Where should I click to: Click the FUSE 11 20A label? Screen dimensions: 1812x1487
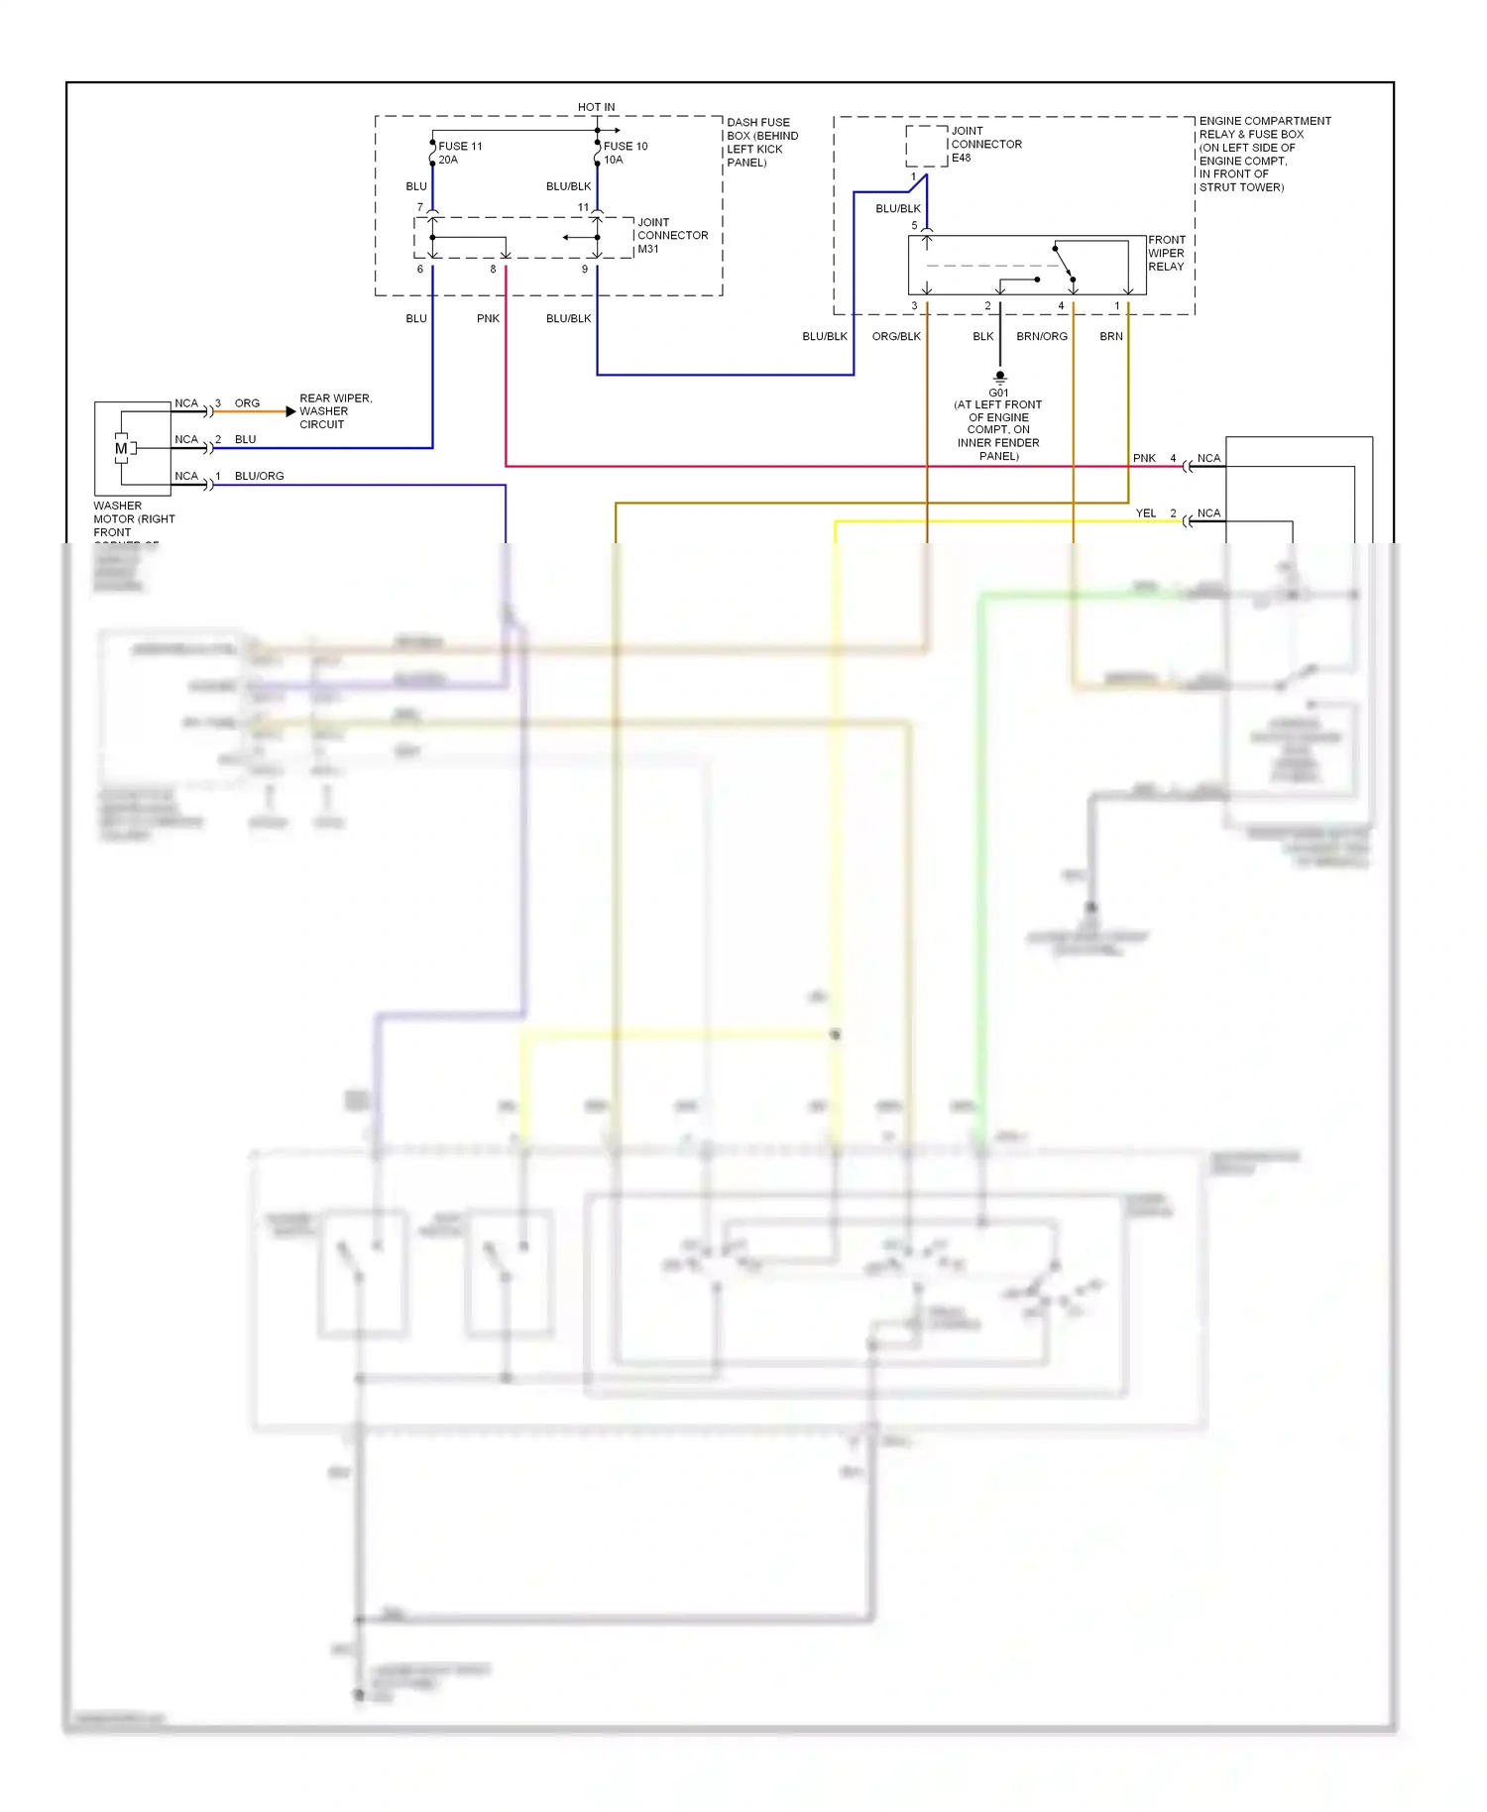(x=459, y=153)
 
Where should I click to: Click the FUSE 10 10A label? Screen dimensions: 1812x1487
(x=625, y=153)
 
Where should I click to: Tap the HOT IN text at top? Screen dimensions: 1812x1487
(x=596, y=107)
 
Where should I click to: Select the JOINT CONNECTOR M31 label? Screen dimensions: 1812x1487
(x=671, y=236)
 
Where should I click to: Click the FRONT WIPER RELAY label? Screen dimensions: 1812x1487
(x=1166, y=253)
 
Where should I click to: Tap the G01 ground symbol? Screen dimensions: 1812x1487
(x=999, y=377)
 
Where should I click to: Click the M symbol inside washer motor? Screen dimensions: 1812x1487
(x=121, y=449)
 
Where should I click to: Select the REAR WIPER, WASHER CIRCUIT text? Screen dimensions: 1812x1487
(x=335, y=411)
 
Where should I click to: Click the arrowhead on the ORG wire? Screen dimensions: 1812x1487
(x=290, y=411)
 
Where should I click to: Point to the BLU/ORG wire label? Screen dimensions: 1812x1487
(x=259, y=476)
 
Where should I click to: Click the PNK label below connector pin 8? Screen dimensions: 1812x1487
(x=488, y=318)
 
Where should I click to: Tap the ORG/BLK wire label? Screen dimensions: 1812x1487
(x=896, y=336)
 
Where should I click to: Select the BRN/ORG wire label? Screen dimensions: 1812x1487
(x=1042, y=336)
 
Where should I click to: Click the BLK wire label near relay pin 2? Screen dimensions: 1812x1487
(x=982, y=336)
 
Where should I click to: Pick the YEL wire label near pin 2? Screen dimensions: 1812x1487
(x=1145, y=512)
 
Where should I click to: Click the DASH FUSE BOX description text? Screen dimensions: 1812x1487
(x=761, y=143)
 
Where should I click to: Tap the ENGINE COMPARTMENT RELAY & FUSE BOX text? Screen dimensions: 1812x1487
(x=1264, y=154)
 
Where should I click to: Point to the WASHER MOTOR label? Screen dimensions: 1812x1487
(x=133, y=518)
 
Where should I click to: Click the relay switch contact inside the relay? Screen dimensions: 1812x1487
(x=1064, y=263)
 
